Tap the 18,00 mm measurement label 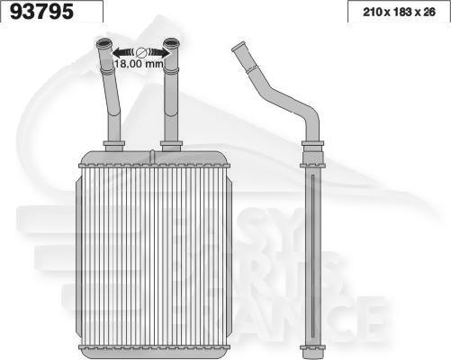pos(139,65)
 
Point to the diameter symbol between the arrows pos(140,52)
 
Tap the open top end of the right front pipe pos(171,43)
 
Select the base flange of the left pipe pos(113,144)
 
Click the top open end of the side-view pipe pos(238,46)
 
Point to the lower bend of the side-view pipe pos(309,117)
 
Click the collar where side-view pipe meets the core pos(311,147)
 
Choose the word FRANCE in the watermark pos(306,315)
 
